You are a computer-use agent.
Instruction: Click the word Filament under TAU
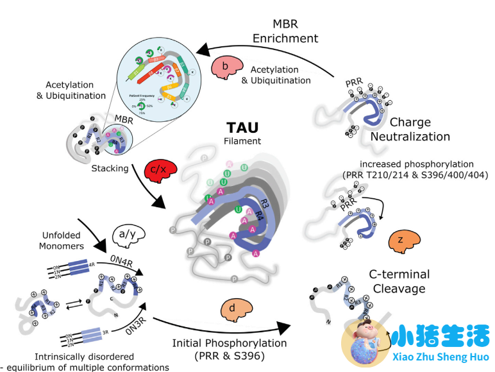click(x=247, y=142)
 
